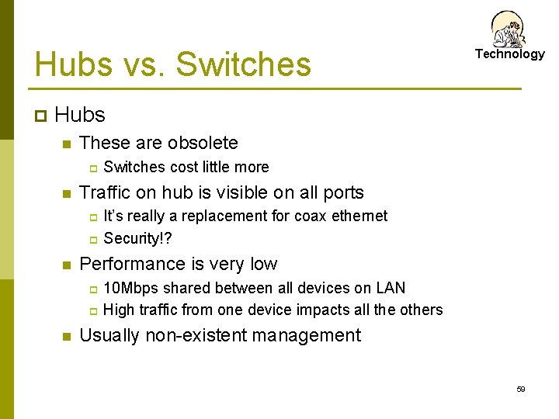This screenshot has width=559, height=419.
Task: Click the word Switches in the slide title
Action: [x=243, y=64]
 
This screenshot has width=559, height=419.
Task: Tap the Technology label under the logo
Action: [x=510, y=54]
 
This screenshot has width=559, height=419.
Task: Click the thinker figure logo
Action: [x=509, y=29]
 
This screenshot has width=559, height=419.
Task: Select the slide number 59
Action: [x=521, y=390]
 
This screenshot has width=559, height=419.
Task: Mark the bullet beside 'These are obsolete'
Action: [x=66, y=144]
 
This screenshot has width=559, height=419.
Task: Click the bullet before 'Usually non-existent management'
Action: [x=66, y=337]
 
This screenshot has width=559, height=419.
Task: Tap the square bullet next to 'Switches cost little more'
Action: [x=91, y=168]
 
